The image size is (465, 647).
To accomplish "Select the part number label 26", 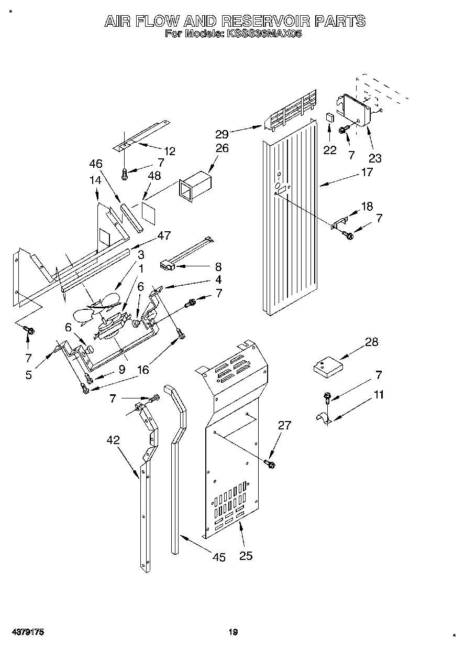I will click(x=222, y=148).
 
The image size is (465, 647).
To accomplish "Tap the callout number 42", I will click(x=113, y=441).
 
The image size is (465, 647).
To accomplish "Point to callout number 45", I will click(x=219, y=557).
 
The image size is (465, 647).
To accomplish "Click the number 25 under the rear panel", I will click(x=245, y=555).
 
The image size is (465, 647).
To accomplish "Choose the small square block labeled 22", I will click(x=330, y=116).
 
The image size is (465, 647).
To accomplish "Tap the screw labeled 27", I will click(x=270, y=463).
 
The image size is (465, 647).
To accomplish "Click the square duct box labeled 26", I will click(x=195, y=187).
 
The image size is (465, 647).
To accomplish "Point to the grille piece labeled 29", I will click(x=291, y=112).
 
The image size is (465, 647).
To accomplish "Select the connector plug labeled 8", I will click(x=168, y=266).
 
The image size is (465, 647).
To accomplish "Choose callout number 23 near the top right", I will click(x=375, y=157).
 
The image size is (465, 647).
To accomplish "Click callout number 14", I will click(x=95, y=180).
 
